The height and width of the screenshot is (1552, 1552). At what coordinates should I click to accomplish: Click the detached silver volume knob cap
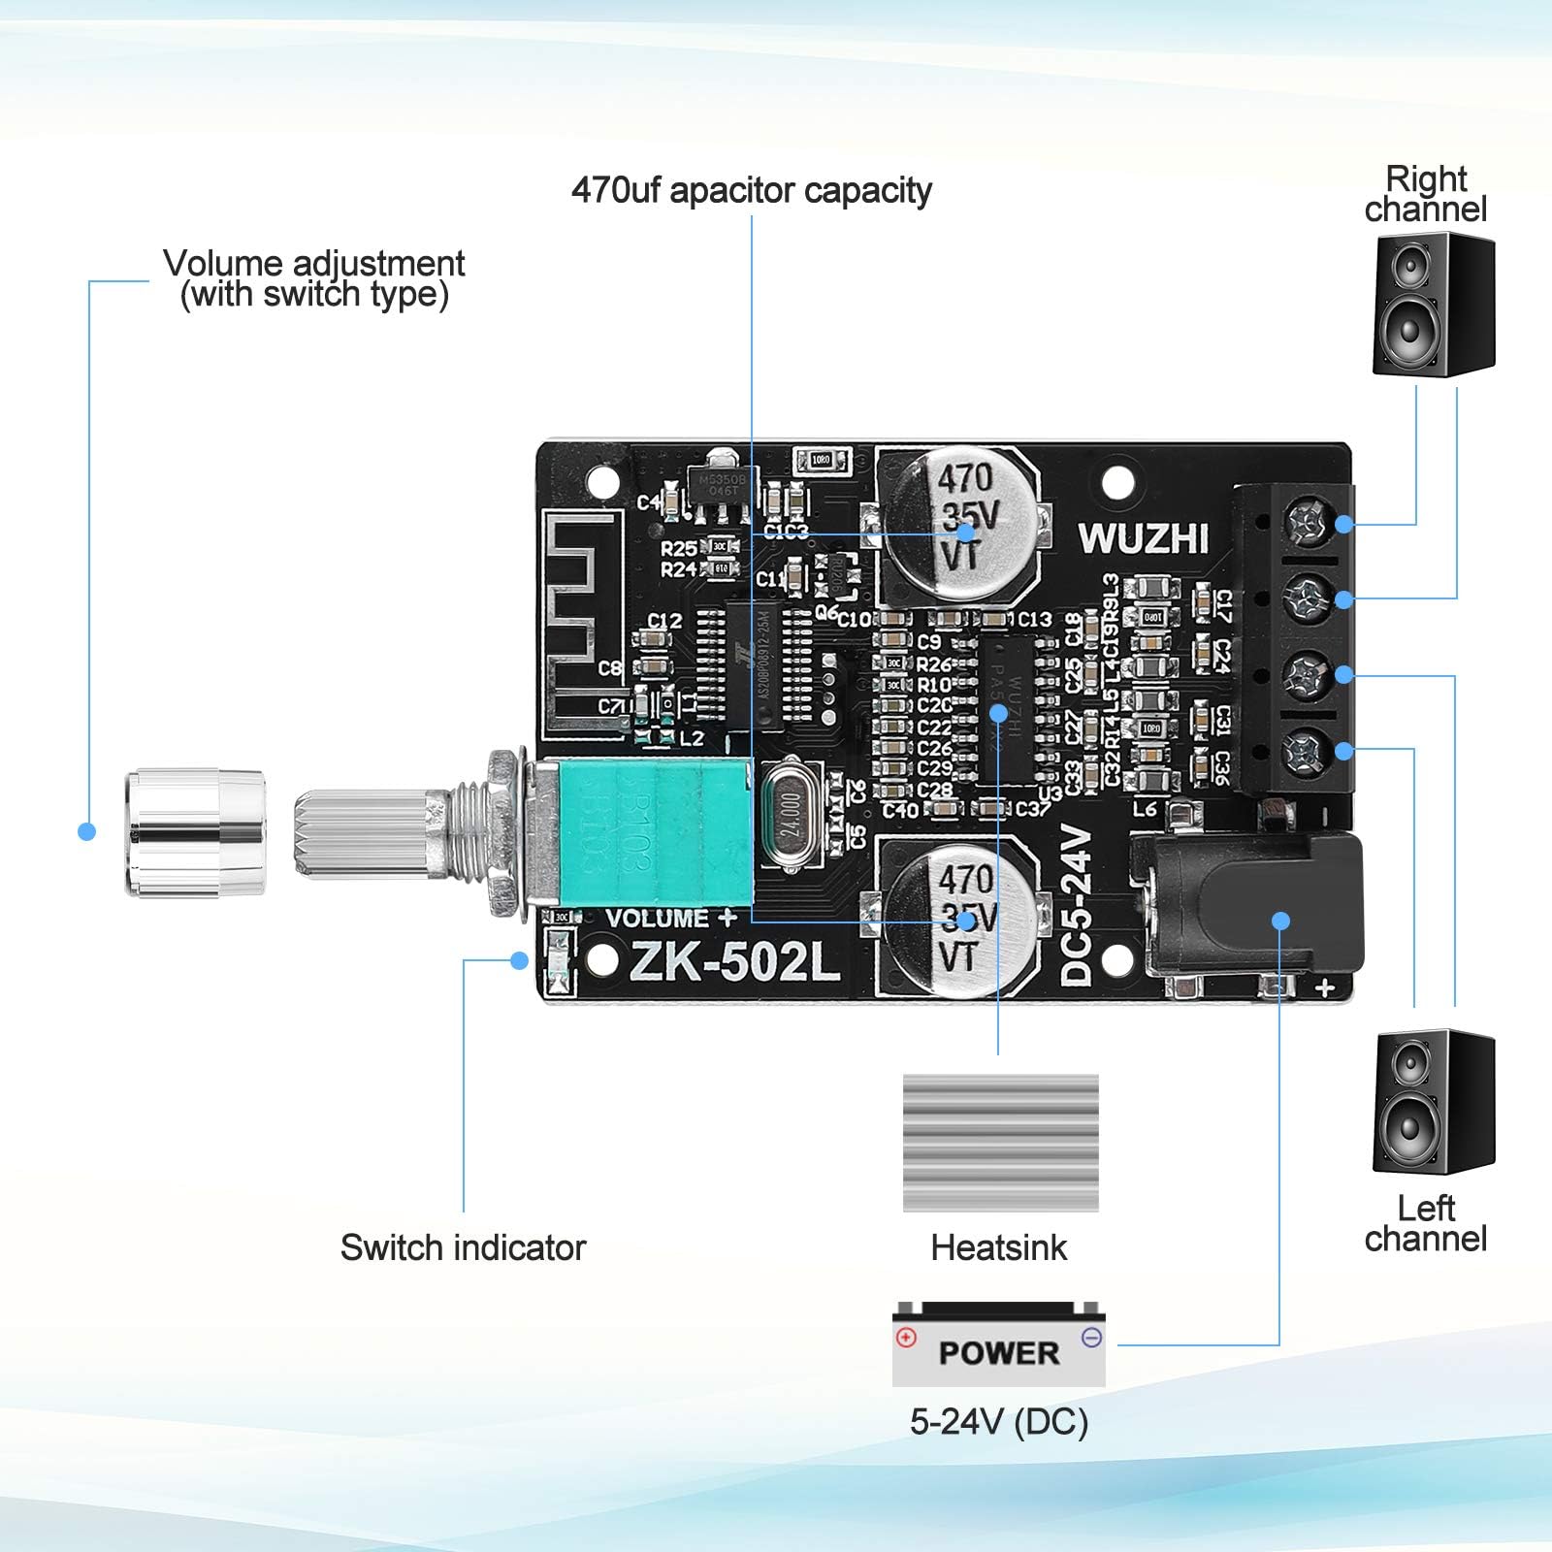click(x=195, y=832)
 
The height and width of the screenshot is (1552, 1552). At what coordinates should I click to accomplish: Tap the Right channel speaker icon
click(x=1434, y=305)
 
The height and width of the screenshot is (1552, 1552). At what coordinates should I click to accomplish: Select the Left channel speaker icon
click(x=1434, y=1102)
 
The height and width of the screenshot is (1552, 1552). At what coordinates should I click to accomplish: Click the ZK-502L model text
click(x=734, y=962)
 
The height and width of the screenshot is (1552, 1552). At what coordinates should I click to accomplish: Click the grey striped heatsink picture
click(x=1000, y=1143)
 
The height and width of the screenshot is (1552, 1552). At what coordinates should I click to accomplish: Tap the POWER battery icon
click(x=998, y=1344)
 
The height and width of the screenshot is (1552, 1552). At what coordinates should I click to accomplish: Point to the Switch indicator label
click(x=463, y=1247)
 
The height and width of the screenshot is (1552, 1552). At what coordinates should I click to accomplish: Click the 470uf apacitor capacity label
click(x=751, y=190)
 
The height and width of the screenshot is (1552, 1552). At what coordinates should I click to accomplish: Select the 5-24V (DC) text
click(x=998, y=1422)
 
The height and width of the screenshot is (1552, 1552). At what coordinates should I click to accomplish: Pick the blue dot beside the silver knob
click(x=86, y=831)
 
